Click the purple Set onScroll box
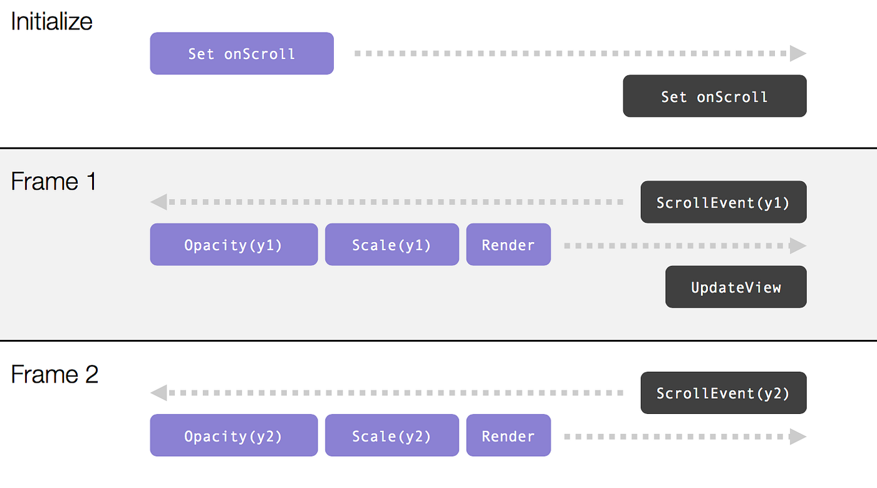tap(242, 54)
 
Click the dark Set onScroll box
tap(714, 97)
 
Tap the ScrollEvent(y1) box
tap(723, 203)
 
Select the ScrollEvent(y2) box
tap(723, 393)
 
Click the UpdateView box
tap(735, 287)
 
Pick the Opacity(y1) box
tap(234, 245)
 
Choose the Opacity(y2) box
tap(234, 436)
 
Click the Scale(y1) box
tap(392, 245)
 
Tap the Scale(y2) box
tap(392, 436)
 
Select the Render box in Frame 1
tap(508, 245)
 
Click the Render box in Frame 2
tap(508, 436)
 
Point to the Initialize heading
tap(51, 22)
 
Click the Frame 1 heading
tap(54, 182)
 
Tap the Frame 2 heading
tap(54, 374)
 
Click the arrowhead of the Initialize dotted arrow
tap(797, 54)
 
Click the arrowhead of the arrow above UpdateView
tap(797, 245)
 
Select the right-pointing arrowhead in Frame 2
tap(797, 437)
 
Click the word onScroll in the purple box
tap(259, 54)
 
